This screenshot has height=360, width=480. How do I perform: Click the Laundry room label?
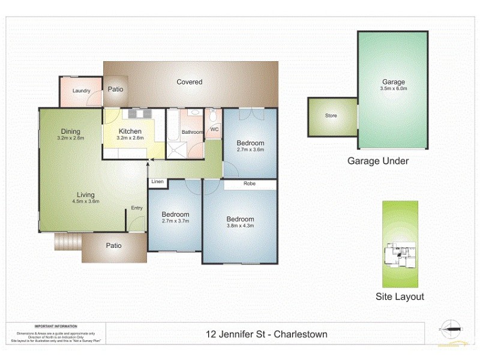click(x=81, y=91)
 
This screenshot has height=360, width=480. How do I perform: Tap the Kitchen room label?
click(x=130, y=131)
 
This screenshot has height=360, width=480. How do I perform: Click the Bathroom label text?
click(x=193, y=132)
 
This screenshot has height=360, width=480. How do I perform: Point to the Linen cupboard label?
click(x=157, y=181)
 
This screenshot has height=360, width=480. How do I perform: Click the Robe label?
click(x=250, y=184)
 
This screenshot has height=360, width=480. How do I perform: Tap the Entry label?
click(x=137, y=208)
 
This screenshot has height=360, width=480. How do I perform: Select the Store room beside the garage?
click(x=331, y=115)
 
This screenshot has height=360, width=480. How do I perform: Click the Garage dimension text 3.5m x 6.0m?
click(x=393, y=89)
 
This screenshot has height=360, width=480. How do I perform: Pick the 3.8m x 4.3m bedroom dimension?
click(x=240, y=226)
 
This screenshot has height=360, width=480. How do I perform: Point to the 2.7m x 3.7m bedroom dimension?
click(x=175, y=221)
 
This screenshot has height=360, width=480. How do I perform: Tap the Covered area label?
click(x=189, y=82)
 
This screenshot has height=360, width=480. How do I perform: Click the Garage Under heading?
click(x=378, y=161)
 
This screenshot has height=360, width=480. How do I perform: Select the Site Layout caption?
click(x=400, y=296)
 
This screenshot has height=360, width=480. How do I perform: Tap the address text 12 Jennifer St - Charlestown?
click(x=266, y=334)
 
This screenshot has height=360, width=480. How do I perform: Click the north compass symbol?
click(x=450, y=329)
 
